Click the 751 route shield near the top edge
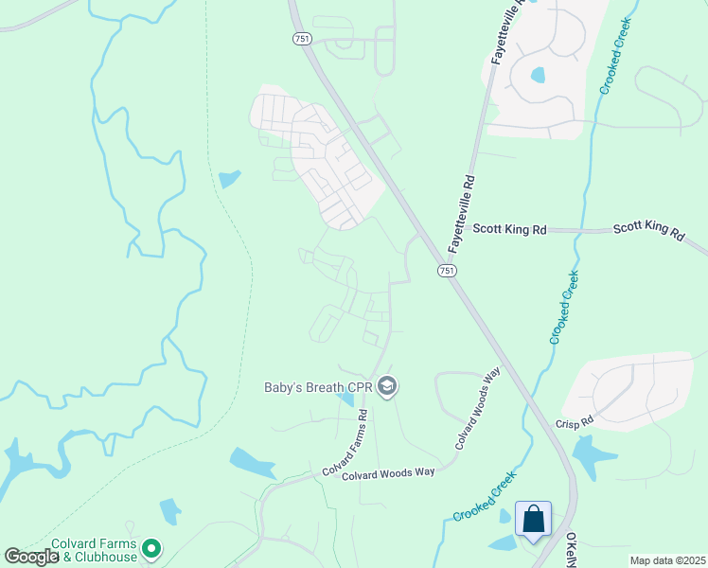[x=300, y=38]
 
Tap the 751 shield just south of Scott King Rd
[x=447, y=271]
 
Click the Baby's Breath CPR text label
[x=318, y=386]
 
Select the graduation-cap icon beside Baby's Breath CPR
[x=386, y=386]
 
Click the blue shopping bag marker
[x=534, y=520]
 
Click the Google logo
[x=31, y=557]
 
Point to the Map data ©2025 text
[x=667, y=560]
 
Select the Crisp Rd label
[x=574, y=423]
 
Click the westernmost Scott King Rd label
[x=510, y=229]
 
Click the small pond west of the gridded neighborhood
[x=229, y=178]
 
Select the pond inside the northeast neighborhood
[x=538, y=74]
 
